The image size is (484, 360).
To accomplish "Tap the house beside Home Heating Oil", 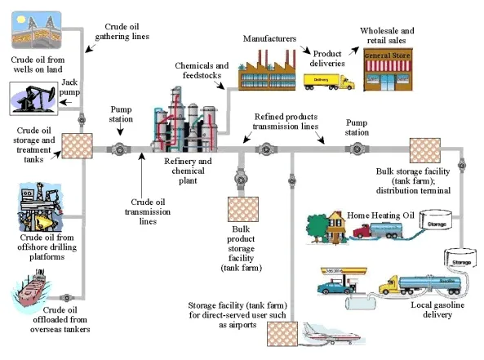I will point(323,225).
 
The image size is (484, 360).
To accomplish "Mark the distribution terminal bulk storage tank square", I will point(424,150).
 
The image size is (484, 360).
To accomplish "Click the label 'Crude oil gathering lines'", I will point(131,30).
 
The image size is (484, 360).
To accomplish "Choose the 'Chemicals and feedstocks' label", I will point(202,70).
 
